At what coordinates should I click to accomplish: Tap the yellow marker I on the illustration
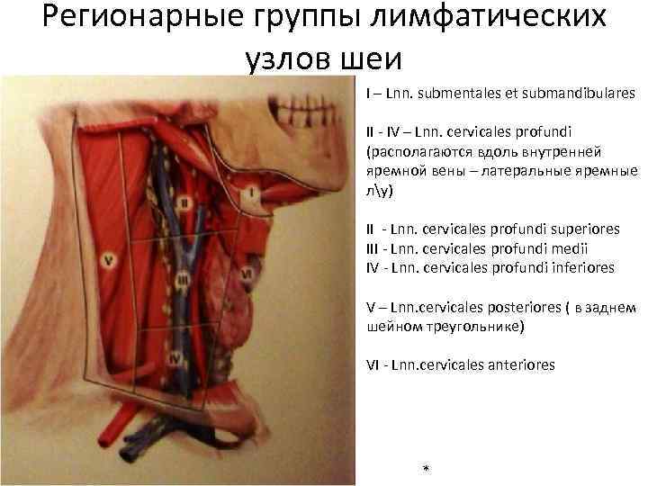[253, 192]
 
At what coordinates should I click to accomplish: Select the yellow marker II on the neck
[184, 203]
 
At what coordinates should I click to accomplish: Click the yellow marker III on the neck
[184, 281]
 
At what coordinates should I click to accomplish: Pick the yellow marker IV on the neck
[176, 358]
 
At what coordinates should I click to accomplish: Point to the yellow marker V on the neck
[108, 261]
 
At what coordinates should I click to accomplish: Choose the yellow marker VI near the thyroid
[246, 270]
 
